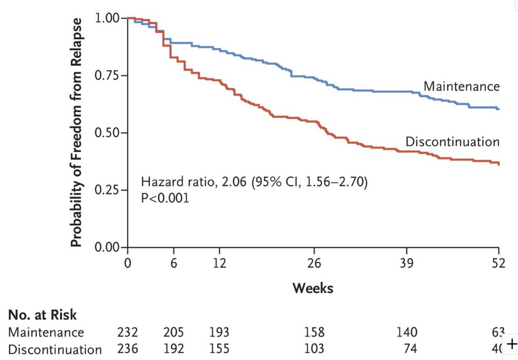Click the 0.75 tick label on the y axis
[x=106, y=76]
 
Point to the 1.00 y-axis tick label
[x=106, y=19]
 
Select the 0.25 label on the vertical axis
[x=106, y=190]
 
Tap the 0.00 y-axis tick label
[x=106, y=247]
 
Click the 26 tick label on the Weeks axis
[x=314, y=263]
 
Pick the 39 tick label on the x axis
[x=407, y=263]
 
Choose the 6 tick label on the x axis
[x=174, y=263]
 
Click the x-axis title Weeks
[x=313, y=288]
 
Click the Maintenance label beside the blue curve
[x=461, y=86]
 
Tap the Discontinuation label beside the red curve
[x=452, y=142]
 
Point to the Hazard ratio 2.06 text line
[x=254, y=183]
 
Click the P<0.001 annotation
[x=165, y=199]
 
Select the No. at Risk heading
[x=42, y=315]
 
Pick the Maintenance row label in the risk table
[x=46, y=332]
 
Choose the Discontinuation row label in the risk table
[x=55, y=349]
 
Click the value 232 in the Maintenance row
[x=127, y=332]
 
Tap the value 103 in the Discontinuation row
[x=314, y=349]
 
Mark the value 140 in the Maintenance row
[x=407, y=332]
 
